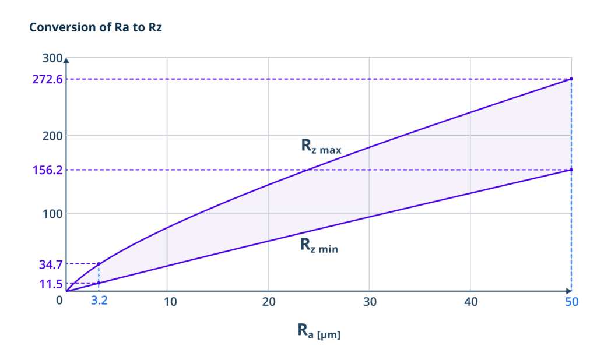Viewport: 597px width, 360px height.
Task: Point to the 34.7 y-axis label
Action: pyautogui.click(x=51, y=264)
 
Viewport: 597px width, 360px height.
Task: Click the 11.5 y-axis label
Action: pyautogui.click(x=51, y=284)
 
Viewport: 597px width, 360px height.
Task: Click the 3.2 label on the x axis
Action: pyautogui.click(x=99, y=301)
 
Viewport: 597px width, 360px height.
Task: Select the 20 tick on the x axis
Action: pyautogui.click(x=269, y=301)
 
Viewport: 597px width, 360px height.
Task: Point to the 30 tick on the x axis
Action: pyautogui.click(x=370, y=301)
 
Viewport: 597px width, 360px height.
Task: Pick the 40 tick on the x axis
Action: pyautogui.click(x=470, y=301)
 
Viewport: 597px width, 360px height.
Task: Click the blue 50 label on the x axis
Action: pyautogui.click(x=571, y=301)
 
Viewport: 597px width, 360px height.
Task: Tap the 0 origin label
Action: pyautogui.click(x=59, y=301)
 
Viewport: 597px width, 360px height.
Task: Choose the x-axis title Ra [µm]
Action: pyautogui.click(x=318, y=331)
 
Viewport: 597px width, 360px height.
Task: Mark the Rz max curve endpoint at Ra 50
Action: pyautogui.click(x=571, y=79)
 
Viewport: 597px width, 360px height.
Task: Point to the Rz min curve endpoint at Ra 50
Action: pyautogui.click(x=571, y=170)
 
